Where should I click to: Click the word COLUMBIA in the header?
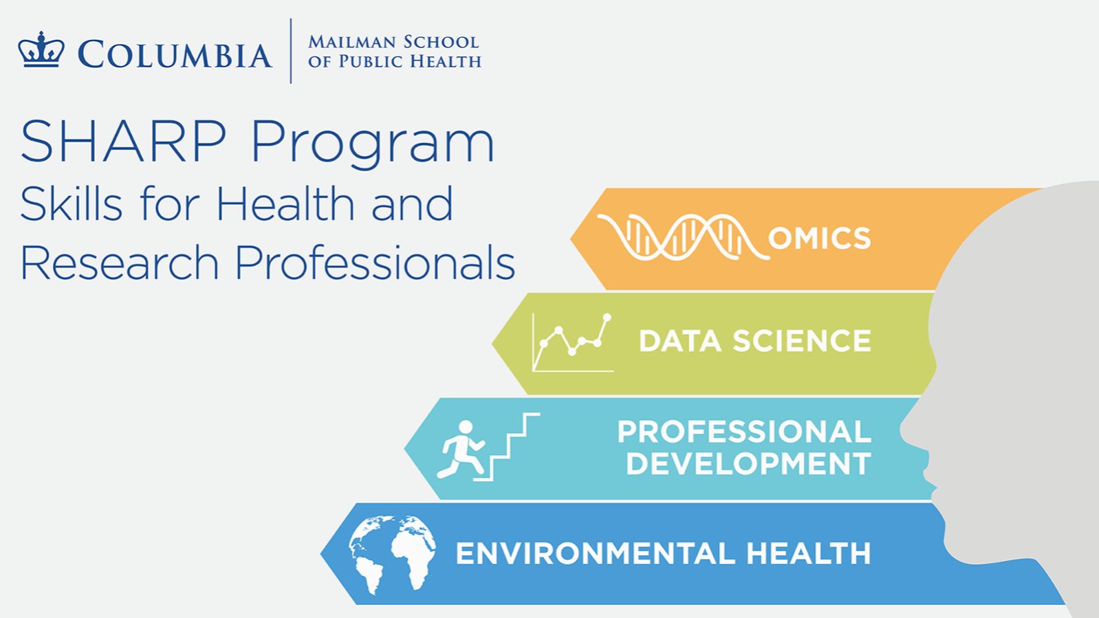[175, 54]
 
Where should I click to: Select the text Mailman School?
[393, 42]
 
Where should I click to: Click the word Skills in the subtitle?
[71, 204]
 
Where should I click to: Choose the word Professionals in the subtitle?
[376, 263]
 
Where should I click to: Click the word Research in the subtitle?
[119, 263]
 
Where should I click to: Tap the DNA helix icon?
[682, 237]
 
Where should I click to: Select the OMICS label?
[819, 238]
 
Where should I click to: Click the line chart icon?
[573, 342]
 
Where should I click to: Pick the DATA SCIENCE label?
[755, 341]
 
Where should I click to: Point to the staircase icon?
[507, 447]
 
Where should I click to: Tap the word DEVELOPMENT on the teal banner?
[749, 463]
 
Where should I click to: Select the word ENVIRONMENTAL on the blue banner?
[596, 553]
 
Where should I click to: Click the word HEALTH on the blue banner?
[809, 553]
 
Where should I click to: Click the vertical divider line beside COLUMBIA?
[291, 51]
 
